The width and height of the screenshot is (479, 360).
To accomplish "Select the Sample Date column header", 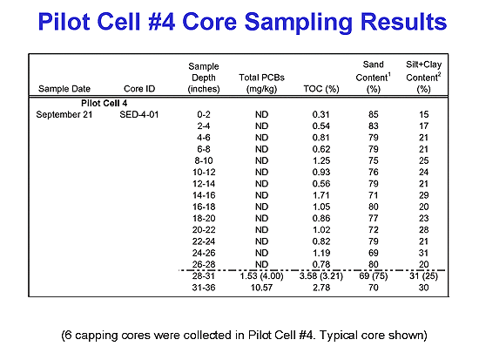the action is (64, 89).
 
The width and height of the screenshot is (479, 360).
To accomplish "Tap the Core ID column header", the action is (139, 89).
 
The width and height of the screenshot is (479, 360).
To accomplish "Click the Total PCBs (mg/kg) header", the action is (261, 83).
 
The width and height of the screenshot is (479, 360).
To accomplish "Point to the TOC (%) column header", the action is (321, 89).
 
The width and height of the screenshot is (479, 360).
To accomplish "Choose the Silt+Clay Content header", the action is (424, 77).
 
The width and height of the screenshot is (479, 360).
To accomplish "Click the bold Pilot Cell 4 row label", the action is (105, 103).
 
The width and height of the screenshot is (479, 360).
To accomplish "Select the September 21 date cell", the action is (64, 115).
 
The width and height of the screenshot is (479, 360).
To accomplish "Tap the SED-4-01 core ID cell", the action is (139, 115).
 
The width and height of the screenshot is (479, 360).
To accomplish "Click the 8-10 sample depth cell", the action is (204, 160).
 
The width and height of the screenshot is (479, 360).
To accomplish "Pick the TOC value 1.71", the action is (321, 195).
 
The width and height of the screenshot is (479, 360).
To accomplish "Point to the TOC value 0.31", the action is (321, 115).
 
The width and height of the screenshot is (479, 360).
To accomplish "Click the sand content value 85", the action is (374, 115).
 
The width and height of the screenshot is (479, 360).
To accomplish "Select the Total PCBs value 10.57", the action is (261, 288).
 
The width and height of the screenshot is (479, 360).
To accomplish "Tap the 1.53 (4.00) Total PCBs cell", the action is (261, 276).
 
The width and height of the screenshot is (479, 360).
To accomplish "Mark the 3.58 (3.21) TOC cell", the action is (321, 276).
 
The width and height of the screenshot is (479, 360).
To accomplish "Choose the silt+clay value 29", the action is (424, 195).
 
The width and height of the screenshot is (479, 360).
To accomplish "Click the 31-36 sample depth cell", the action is (204, 288).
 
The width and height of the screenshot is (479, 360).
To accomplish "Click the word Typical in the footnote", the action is (339, 336).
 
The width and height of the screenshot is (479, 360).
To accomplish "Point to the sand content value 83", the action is (374, 126).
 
